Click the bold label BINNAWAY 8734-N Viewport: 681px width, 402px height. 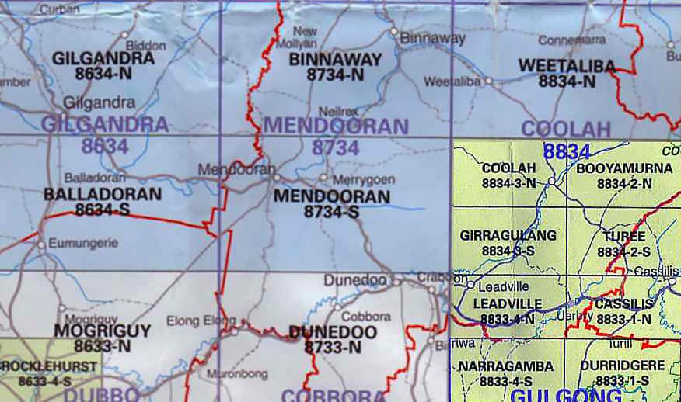click(335, 67)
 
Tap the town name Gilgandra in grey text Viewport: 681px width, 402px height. click(99, 102)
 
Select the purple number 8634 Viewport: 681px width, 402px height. click(104, 145)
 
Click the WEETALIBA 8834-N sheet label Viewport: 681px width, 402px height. click(567, 73)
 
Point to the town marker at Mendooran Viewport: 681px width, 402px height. click(276, 178)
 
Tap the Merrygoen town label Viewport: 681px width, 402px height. click(363, 179)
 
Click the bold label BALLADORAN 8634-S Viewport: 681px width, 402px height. click(103, 201)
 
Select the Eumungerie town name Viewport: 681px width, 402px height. click(83, 243)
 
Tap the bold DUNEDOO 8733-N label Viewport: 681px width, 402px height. click(333, 340)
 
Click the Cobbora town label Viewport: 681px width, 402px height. click(366, 317)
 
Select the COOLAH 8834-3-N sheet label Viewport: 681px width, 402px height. click(509, 175)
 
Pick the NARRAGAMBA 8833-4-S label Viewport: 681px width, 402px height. click(506, 373)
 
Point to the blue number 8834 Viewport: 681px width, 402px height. click(567, 152)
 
